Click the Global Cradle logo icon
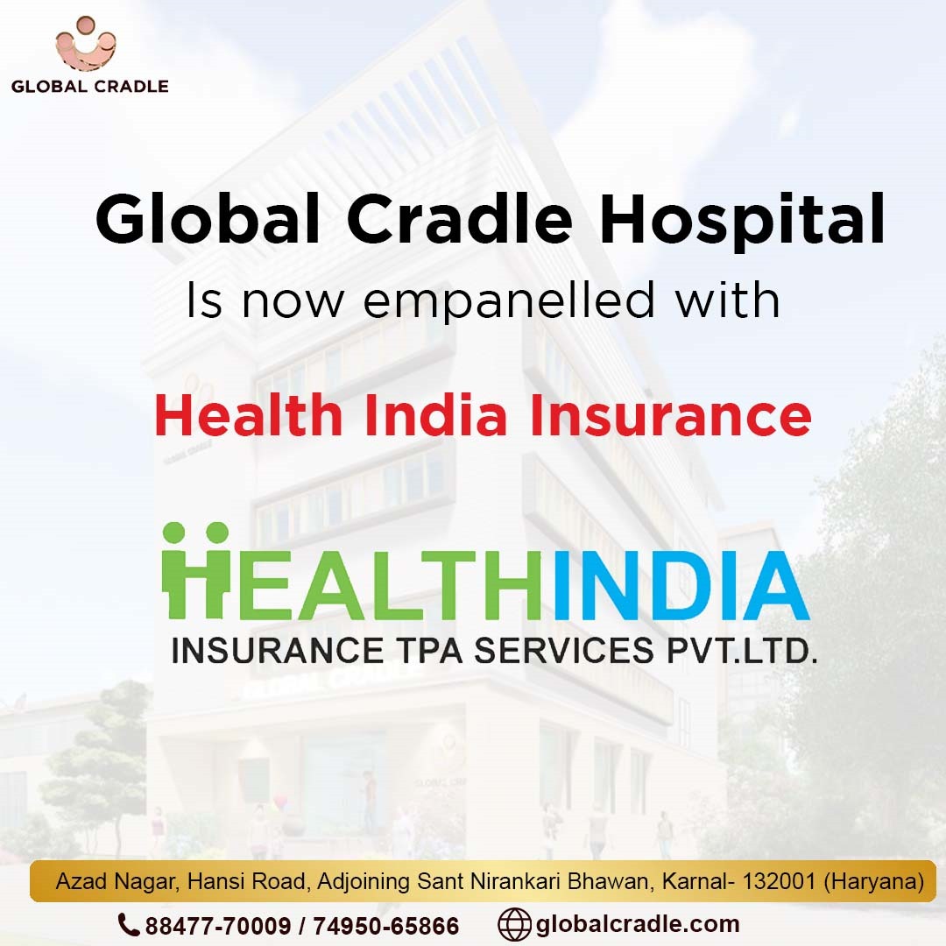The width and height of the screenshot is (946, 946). pos(86,44)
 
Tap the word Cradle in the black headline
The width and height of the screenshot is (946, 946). pos(459,218)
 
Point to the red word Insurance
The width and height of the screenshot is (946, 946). pos(670,415)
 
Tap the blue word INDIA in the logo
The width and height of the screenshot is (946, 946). pos(681,585)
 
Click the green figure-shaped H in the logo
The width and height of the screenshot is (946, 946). pos(196,570)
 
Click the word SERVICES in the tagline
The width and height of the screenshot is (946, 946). pos(563,651)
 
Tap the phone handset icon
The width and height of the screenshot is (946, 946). pos(129,924)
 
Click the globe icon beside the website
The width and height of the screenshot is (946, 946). pos(514,924)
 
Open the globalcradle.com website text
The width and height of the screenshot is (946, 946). pos(637,924)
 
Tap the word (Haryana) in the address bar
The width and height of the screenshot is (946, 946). pos(873,882)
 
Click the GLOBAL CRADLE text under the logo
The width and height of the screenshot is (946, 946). pos(90,86)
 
